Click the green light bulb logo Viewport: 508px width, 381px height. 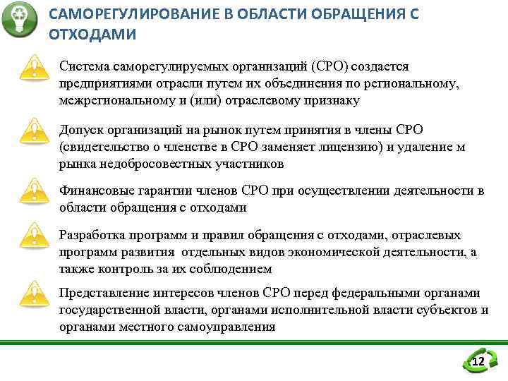[x=19, y=19]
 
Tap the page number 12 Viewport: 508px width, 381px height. [x=478, y=362]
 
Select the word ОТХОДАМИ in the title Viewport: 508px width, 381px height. [x=92, y=34]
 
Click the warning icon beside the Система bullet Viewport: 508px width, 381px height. [x=30, y=68]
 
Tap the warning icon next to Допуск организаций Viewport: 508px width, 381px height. [x=30, y=131]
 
